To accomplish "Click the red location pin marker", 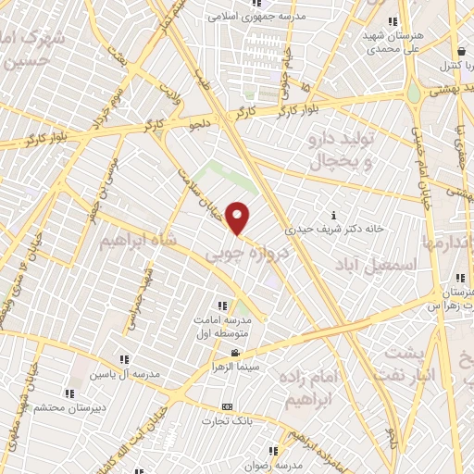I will (x=238, y=218).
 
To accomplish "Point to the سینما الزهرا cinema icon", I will (x=235, y=353).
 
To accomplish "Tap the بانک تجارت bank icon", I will (x=228, y=406).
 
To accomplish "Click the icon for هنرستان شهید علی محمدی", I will (x=393, y=21).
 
